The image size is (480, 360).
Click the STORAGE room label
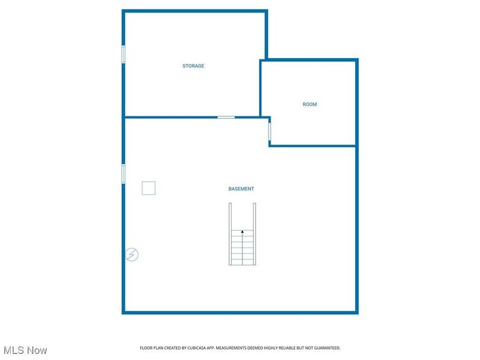click(x=193, y=66)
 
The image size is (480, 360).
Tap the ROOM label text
click(x=310, y=104)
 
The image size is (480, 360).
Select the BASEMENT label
click(x=241, y=189)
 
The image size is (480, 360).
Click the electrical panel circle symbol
click(x=132, y=254)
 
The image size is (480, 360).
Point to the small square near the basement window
click(x=149, y=188)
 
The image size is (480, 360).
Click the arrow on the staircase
click(x=242, y=231)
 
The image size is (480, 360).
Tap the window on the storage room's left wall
click(x=124, y=54)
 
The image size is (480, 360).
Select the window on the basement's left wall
click(x=124, y=173)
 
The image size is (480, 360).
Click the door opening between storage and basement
click(x=226, y=117)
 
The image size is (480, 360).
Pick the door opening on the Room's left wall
click(x=269, y=131)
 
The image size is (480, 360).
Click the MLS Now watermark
click(x=25, y=350)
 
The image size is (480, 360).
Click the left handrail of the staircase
click(x=230, y=234)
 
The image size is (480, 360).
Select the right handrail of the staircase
click(x=255, y=234)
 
